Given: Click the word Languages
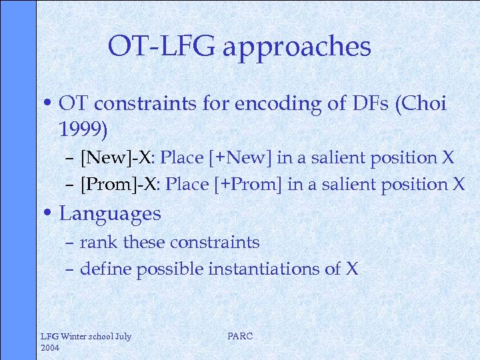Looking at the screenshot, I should [110, 214].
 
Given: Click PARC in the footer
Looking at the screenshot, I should [240, 336].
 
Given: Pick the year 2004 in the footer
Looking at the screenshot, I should [51, 347].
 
